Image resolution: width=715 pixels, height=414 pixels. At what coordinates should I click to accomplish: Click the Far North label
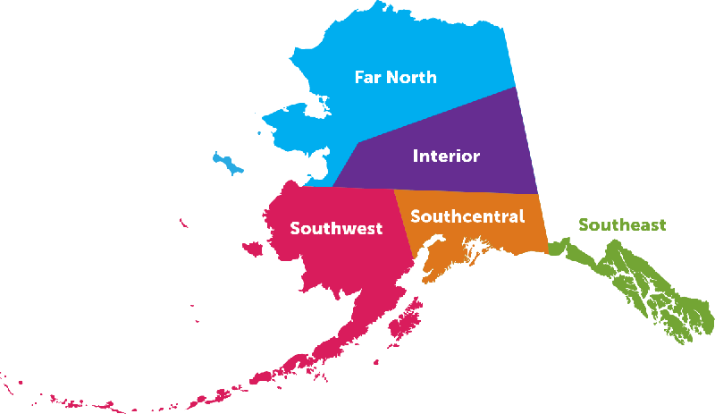(x=395, y=77)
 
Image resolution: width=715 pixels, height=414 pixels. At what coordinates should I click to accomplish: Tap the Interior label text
(x=446, y=156)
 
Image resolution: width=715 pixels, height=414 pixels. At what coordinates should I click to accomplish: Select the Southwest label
(x=336, y=229)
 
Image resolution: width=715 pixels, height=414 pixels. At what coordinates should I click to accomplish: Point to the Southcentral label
(x=467, y=216)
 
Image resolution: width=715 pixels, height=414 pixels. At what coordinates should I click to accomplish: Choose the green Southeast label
(x=622, y=225)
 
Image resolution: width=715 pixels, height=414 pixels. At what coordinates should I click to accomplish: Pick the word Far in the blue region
(x=367, y=77)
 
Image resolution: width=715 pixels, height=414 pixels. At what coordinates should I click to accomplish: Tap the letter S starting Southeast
(x=584, y=225)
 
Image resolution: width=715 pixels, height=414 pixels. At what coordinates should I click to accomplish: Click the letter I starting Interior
(x=415, y=156)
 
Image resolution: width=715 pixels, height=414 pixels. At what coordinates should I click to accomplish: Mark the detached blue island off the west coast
(x=229, y=164)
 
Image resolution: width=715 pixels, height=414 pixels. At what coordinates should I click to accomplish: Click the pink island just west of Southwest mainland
(x=252, y=249)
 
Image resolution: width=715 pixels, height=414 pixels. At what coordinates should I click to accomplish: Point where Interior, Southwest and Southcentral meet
(x=394, y=189)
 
